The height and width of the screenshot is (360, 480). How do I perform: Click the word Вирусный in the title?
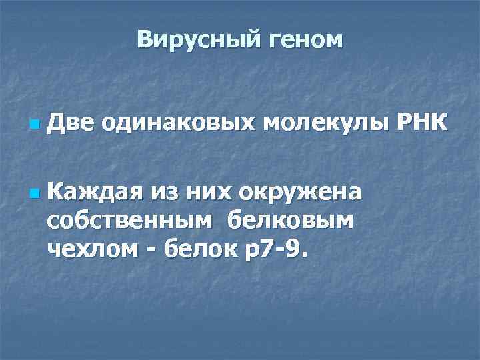point(189,40)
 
